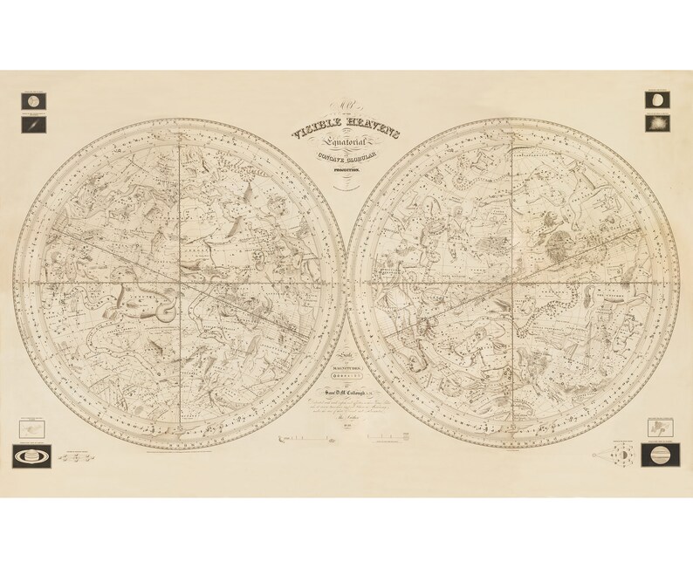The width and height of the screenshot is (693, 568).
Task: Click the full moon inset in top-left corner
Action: click(x=32, y=100)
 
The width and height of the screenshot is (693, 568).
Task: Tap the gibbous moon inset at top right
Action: click(x=656, y=100)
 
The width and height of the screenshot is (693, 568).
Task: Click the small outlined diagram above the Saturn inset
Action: click(x=32, y=428)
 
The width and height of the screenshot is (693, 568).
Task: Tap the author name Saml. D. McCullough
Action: click(x=346, y=398)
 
